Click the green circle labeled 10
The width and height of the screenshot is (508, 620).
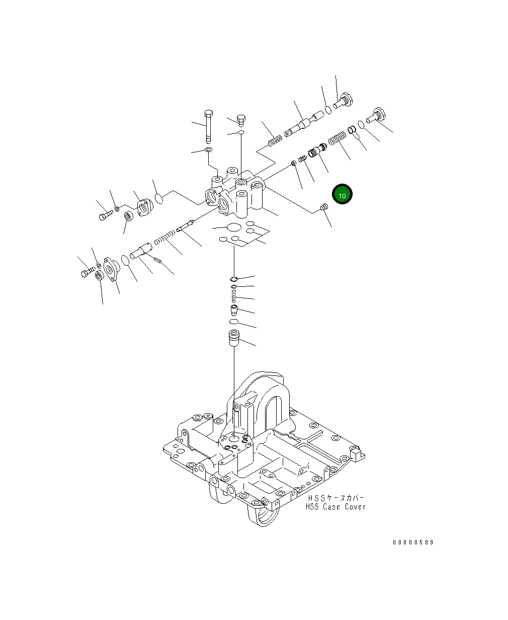point(342,194)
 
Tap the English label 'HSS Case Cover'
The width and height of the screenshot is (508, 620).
point(335,506)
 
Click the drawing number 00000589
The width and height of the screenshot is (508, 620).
point(413,542)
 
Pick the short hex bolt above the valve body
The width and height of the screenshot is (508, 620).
point(241,120)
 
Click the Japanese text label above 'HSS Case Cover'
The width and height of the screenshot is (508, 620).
point(335,497)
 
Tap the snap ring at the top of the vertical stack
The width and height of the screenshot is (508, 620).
point(234,279)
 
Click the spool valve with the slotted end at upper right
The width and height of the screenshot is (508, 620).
point(302,124)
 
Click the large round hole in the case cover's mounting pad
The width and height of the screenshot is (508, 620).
point(233,438)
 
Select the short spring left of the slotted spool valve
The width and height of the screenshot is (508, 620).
point(274,140)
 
